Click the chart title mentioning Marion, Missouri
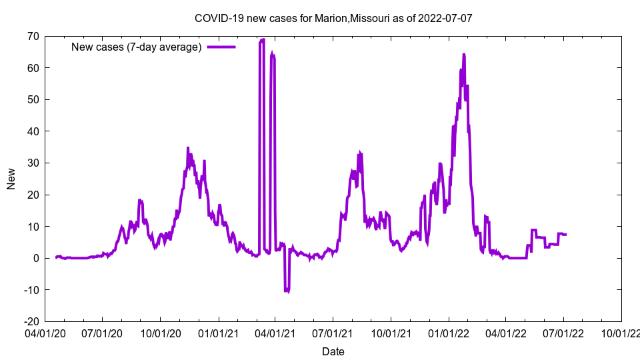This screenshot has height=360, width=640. click(333, 18)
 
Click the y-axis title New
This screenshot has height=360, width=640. click(11, 179)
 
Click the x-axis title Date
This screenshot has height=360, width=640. click(333, 351)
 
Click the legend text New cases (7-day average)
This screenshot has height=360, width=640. click(136, 47)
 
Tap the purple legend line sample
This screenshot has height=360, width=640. click(221, 47)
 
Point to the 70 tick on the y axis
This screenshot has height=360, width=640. click(33, 36)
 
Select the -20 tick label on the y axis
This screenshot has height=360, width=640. click(30, 321)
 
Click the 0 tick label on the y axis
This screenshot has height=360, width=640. click(36, 258)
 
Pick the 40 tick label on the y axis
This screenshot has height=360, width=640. click(33, 131)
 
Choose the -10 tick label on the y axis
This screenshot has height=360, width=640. click(30, 290)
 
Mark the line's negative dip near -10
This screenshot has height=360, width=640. click(287, 291)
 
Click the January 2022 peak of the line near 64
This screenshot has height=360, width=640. click(463, 55)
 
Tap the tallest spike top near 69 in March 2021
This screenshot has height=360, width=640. click(262, 40)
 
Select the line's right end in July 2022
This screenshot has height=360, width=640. click(566, 235)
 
